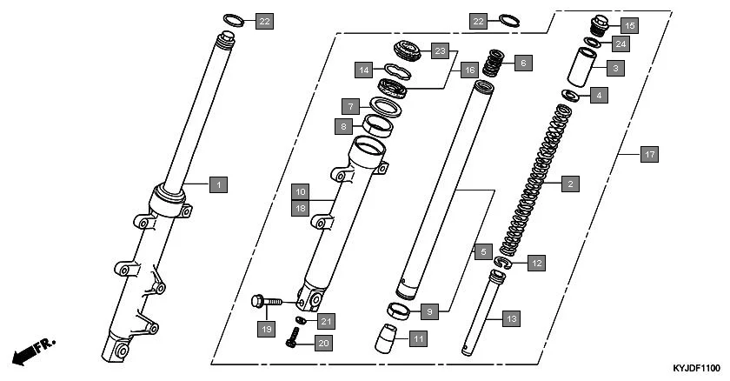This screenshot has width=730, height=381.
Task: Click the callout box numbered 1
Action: (220, 184)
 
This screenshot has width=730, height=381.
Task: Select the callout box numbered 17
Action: (648, 155)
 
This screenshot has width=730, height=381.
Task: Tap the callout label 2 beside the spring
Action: (569, 184)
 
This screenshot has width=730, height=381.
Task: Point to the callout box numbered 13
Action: (512, 319)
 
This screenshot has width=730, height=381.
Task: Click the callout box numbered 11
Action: (417, 338)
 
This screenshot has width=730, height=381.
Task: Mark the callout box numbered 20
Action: (323, 344)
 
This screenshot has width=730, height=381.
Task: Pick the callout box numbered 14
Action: (366, 69)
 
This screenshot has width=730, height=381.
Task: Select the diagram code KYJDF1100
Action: (696, 368)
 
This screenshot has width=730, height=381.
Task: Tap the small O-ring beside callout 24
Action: (594, 41)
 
